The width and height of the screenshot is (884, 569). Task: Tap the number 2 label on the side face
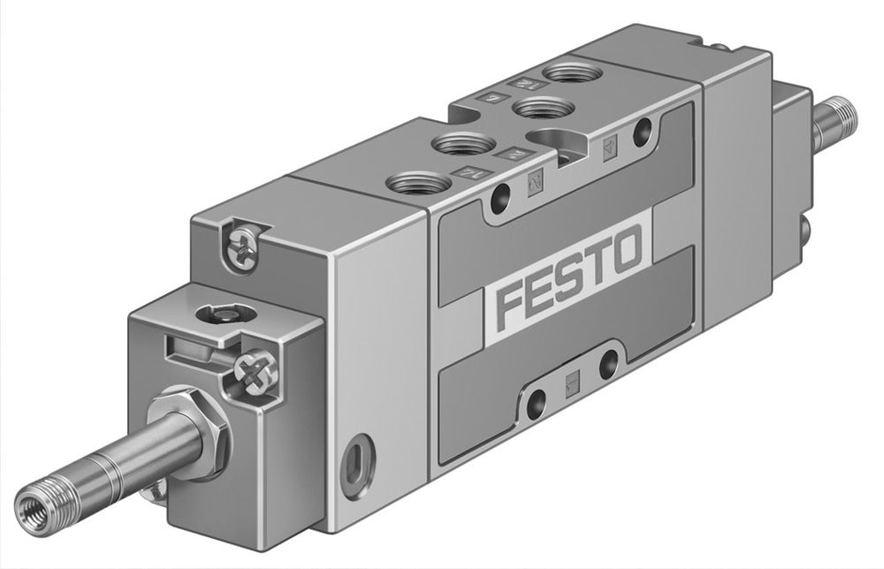pyautogui.click(x=535, y=184)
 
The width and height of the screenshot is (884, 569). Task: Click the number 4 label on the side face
pyautogui.click(x=609, y=147)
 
